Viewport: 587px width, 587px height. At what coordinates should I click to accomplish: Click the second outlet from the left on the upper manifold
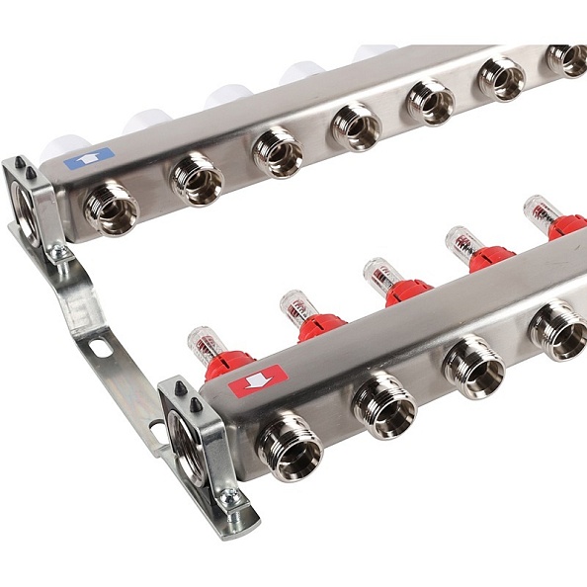[197, 178]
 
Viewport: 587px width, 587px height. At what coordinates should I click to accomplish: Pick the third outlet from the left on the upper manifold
[278, 151]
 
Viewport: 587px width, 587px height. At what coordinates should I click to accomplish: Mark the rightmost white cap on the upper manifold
[378, 53]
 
